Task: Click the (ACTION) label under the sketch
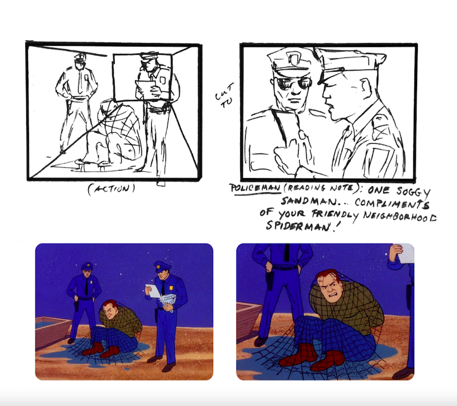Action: (x=111, y=189)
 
